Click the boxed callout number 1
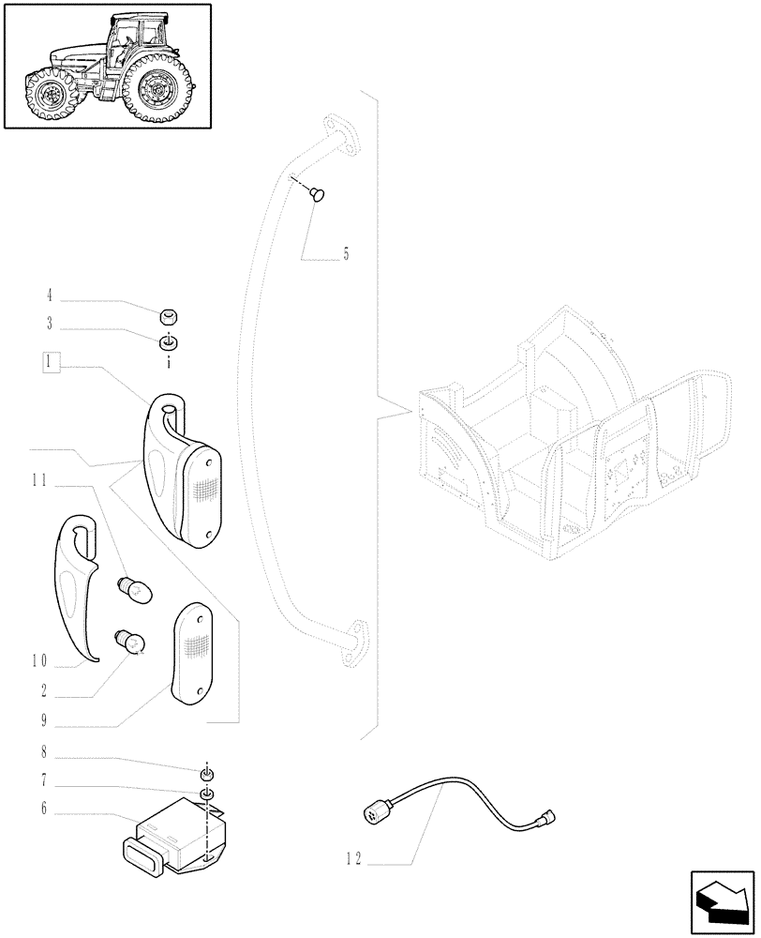[52, 363]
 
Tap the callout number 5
[345, 254]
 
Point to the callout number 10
[38, 662]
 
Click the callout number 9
[42, 722]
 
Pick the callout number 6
[42, 808]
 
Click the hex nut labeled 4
[170, 317]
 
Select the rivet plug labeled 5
[318, 194]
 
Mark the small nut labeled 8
[206, 773]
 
